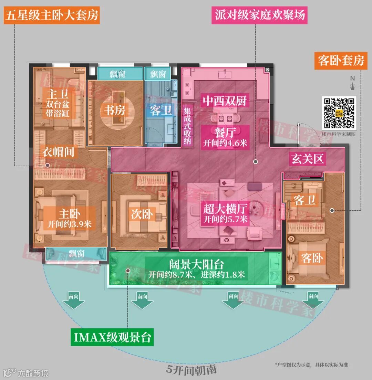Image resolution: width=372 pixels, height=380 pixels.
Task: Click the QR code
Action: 338,113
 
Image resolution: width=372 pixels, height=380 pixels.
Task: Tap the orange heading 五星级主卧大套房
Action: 52,15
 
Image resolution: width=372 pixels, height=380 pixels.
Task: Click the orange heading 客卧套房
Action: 341,61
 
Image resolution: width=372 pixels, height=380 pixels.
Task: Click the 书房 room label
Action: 115,110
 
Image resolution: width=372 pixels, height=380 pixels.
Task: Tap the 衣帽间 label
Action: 58,152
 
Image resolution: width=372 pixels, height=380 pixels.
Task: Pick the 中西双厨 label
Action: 225,101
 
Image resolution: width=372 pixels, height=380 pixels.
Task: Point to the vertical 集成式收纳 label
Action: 187,127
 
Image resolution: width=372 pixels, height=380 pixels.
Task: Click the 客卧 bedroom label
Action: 312,258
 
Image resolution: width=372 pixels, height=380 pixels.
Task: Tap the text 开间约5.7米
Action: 225,219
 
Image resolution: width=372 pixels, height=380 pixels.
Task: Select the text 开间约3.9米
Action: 69,224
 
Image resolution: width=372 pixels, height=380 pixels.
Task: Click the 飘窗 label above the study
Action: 117,74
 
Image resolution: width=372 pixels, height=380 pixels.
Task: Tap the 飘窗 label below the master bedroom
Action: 76,254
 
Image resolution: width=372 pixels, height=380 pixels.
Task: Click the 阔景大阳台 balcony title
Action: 196,264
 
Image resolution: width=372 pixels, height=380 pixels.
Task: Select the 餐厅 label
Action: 225,132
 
